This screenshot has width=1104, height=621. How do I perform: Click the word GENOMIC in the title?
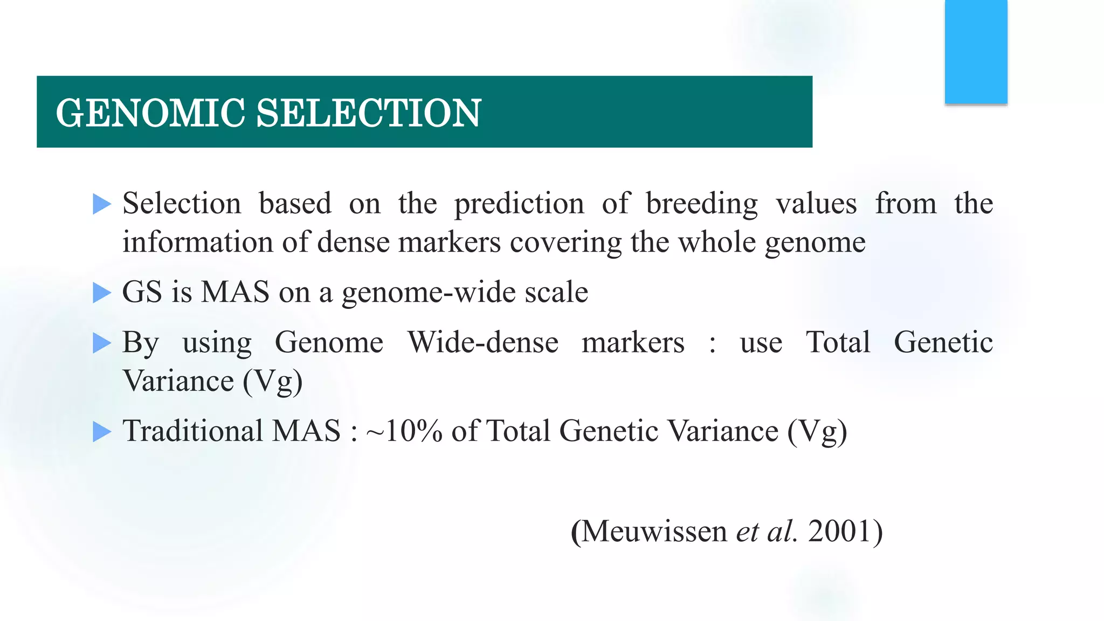(x=150, y=113)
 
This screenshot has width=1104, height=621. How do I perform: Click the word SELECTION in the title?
(x=368, y=113)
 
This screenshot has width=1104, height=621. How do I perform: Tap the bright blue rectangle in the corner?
(x=976, y=52)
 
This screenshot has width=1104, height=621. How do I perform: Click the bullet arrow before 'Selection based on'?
(x=101, y=204)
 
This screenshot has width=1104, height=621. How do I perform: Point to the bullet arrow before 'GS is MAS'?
(x=101, y=293)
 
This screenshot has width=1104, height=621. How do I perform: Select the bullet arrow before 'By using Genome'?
(x=101, y=343)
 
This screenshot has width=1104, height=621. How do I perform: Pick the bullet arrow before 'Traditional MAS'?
(x=101, y=432)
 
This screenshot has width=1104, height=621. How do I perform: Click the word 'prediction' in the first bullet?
(x=519, y=204)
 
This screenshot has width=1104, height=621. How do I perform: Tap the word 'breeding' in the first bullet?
(x=701, y=204)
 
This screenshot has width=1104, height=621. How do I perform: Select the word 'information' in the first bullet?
(x=197, y=242)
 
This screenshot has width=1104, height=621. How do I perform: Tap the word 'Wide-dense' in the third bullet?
(x=482, y=343)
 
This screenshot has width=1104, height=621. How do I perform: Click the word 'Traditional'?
(x=193, y=431)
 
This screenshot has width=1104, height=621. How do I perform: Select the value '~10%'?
(x=404, y=431)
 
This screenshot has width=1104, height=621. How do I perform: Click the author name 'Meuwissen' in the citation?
(x=654, y=532)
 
